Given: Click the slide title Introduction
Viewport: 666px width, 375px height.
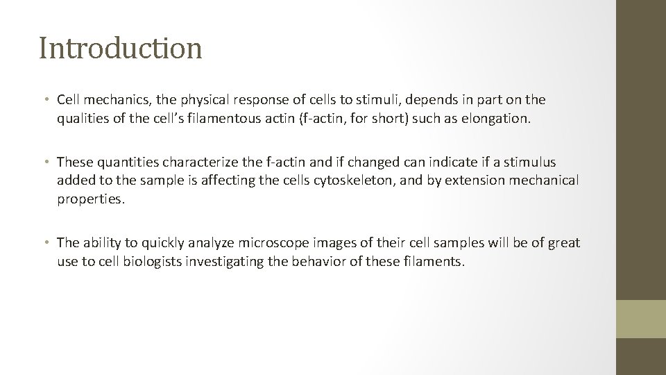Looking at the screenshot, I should pyautogui.click(x=121, y=49).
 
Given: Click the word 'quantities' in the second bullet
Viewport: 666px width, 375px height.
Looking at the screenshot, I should pyautogui.click(x=126, y=162).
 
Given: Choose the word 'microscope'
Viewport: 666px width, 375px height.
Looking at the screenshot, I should pyautogui.click(x=271, y=242).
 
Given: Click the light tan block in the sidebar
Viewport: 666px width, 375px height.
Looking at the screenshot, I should pyautogui.click(x=640, y=319).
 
